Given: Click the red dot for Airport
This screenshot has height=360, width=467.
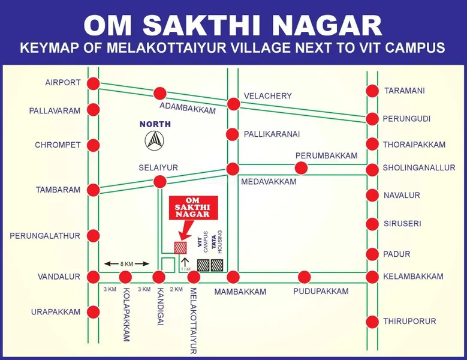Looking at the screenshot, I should (x=93, y=83).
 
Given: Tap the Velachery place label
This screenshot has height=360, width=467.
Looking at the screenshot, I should (x=267, y=96).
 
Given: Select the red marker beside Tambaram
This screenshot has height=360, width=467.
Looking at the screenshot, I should (x=93, y=190).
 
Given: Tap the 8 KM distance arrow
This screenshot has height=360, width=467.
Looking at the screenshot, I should (x=126, y=263).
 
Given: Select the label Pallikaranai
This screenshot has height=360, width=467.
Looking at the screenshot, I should (x=272, y=134).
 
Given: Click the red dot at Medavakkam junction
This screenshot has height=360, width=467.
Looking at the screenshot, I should (x=233, y=169).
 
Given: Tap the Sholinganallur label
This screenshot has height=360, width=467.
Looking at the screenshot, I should (x=419, y=168).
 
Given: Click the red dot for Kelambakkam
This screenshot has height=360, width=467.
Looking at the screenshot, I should (x=372, y=277).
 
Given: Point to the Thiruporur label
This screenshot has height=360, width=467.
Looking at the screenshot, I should (x=410, y=321).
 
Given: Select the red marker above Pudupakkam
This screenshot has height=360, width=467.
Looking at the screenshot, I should (x=305, y=277).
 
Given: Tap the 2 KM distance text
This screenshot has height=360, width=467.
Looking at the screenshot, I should (x=176, y=290).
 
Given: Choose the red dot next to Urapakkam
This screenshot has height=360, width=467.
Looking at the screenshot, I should (x=93, y=312).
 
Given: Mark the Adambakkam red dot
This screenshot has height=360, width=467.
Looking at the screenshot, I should (x=159, y=93).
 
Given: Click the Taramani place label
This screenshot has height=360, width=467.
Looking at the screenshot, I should (x=405, y=91).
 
